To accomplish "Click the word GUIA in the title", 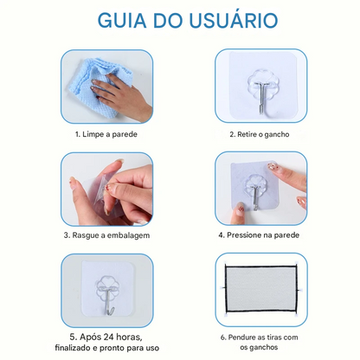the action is [122, 20].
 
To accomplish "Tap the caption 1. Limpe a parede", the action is [106, 134].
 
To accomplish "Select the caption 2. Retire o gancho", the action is [260, 134].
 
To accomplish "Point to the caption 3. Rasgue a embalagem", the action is [106, 235].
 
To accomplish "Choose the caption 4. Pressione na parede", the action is [259, 235].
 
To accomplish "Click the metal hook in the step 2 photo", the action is [264, 100].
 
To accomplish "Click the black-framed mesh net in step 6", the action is [260, 289].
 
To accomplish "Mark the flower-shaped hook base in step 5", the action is [107, 287].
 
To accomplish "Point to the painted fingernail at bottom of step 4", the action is [240, 209].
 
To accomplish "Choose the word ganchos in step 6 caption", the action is [265, 347].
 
